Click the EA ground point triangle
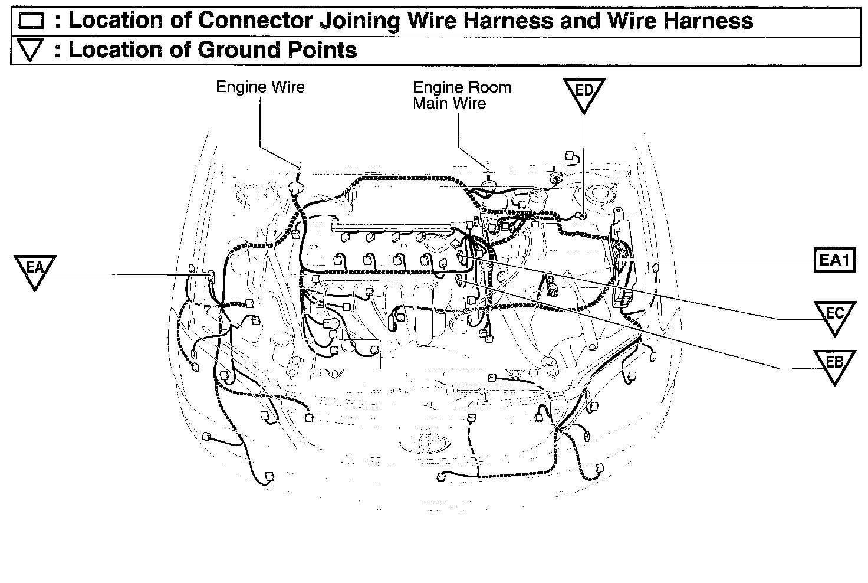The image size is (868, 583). tap(34, 270)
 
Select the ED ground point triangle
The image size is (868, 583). tap(584, 93)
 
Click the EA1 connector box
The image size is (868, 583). tap(834, 260)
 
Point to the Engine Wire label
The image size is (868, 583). tap(260, 87)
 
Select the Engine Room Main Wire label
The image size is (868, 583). tap(462, 95)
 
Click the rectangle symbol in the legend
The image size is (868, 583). tap(32, 22)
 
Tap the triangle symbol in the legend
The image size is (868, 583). tap(32, 51)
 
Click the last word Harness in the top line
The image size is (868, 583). tap(708, 21)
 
